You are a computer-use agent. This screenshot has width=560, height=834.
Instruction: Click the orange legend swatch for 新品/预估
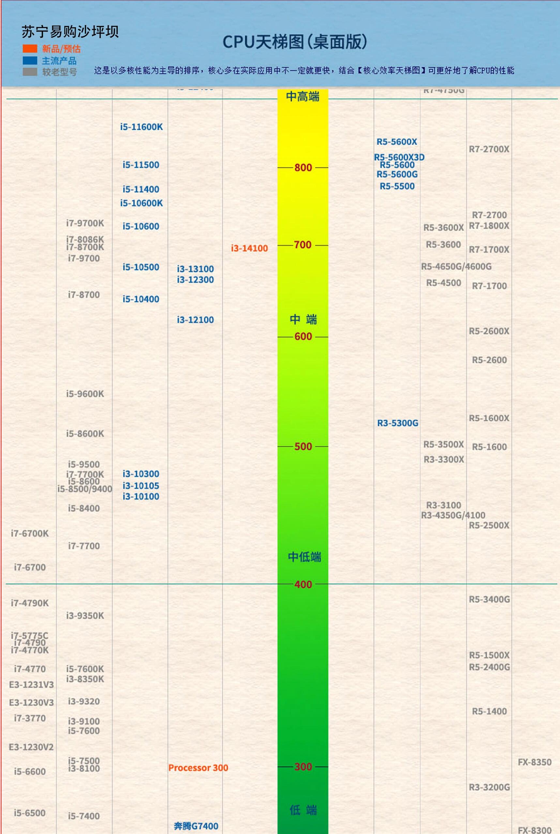(30, 49)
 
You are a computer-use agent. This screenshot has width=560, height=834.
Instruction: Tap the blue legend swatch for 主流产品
(30, 60)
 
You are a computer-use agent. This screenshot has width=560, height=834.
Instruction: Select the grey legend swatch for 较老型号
(30, 72)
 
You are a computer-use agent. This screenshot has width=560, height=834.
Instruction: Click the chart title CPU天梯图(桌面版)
(295, 42)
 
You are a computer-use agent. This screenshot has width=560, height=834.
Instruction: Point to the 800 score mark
(303, 168)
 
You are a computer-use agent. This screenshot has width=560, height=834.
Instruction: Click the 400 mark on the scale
(303, 585)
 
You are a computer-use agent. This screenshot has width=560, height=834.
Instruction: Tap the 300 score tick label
(303, 767)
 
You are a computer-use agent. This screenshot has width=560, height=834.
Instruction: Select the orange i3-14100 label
(249, 248)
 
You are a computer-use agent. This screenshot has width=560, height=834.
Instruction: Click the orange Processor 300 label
(198, 768)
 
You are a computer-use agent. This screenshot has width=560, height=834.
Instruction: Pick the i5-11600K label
(142, 127)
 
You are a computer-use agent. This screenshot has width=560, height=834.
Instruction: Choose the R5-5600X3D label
(399, 157)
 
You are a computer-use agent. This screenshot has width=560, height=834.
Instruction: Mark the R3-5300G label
(398, 423)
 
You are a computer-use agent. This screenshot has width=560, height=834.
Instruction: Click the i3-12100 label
(195, 320)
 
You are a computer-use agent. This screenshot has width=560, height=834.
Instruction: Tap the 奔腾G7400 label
(196, 826)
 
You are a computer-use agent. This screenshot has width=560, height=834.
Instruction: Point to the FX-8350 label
(535, 762)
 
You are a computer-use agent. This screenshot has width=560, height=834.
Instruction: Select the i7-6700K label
(30, 534)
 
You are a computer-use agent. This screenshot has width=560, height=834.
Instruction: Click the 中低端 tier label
(304, 557)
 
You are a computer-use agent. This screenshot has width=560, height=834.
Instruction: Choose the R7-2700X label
(489, 149)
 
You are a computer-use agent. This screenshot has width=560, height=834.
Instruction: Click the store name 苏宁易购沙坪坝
(70, 32)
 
